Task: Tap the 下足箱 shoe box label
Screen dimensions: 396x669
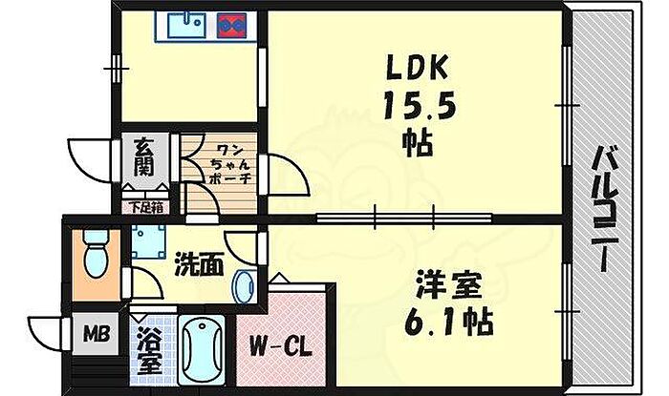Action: click(144, 206)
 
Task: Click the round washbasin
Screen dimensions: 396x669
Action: click(245, 285)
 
